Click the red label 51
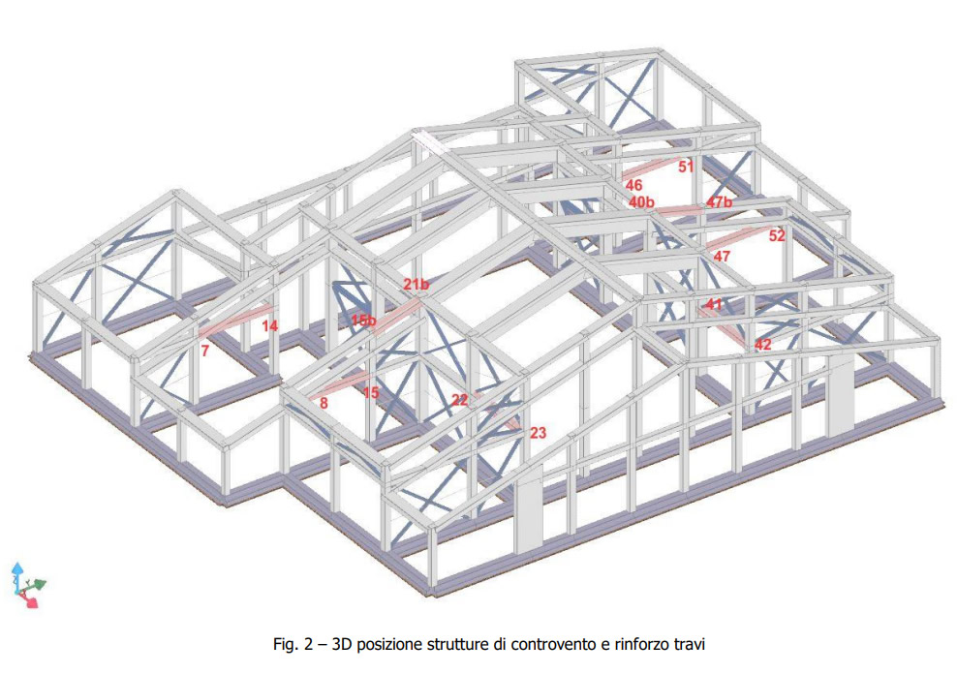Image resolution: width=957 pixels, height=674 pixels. coord(686,166)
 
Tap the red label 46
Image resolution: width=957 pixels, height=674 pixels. coord(633,185)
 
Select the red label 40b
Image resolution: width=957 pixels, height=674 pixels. coord(641,201)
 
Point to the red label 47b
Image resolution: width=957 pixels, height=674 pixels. coord(719,201)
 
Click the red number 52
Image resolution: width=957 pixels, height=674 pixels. coord(776,234)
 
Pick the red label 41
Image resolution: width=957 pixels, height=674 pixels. coord(714,304)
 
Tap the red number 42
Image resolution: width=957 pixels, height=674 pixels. coord(763,344)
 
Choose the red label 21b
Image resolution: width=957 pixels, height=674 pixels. coord(416,284)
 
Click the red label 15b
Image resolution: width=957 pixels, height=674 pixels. coord(363,320)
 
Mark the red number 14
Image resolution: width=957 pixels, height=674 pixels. coord(270,325)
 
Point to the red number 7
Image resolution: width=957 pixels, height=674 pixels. coord(205,351)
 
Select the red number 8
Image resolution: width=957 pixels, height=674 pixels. coord(324,403)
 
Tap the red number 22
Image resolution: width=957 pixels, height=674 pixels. coord(459,400)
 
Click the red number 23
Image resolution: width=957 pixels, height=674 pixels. coord(538,433)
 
